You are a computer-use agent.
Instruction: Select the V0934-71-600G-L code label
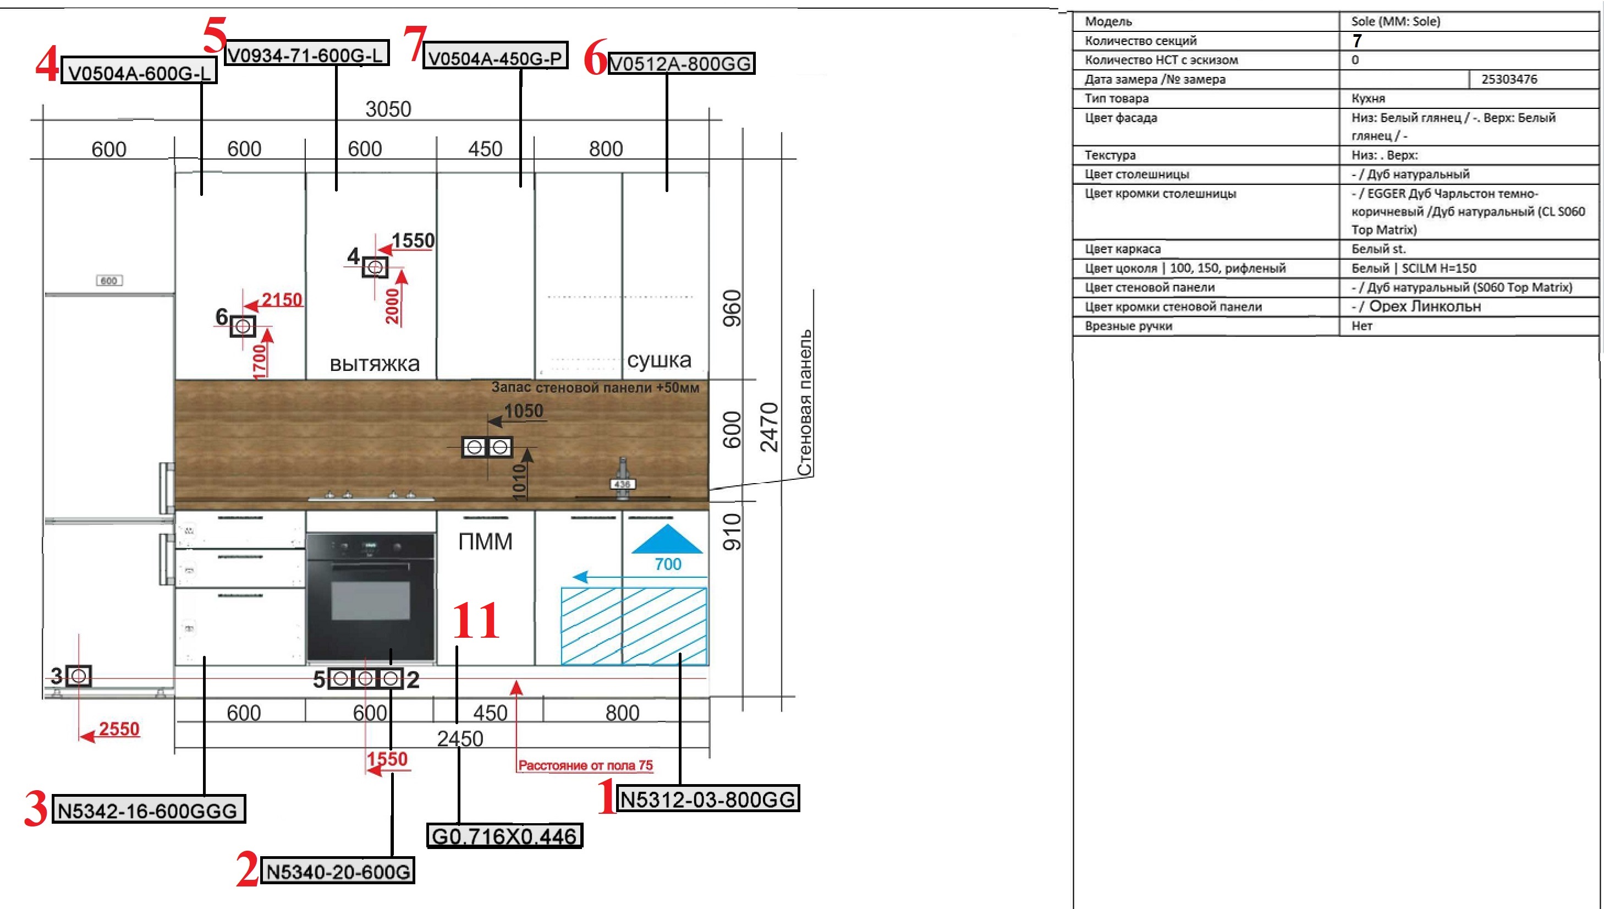306,54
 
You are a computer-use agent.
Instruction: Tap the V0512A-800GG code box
681,63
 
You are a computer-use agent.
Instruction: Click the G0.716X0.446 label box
504,835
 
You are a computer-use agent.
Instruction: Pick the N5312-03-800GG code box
708,798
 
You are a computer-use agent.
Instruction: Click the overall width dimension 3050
388,109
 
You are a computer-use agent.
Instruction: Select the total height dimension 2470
770,427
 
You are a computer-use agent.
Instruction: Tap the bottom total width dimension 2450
460,738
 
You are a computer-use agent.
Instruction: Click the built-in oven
371,597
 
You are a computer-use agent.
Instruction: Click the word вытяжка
375,363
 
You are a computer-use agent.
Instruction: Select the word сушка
659,360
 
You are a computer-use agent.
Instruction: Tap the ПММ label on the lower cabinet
486,541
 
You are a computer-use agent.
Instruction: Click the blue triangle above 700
667,539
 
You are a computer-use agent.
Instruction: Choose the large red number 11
476,620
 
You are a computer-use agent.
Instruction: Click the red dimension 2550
119,729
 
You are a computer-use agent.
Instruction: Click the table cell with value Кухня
1369,98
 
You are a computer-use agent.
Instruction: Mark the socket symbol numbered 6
243,326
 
